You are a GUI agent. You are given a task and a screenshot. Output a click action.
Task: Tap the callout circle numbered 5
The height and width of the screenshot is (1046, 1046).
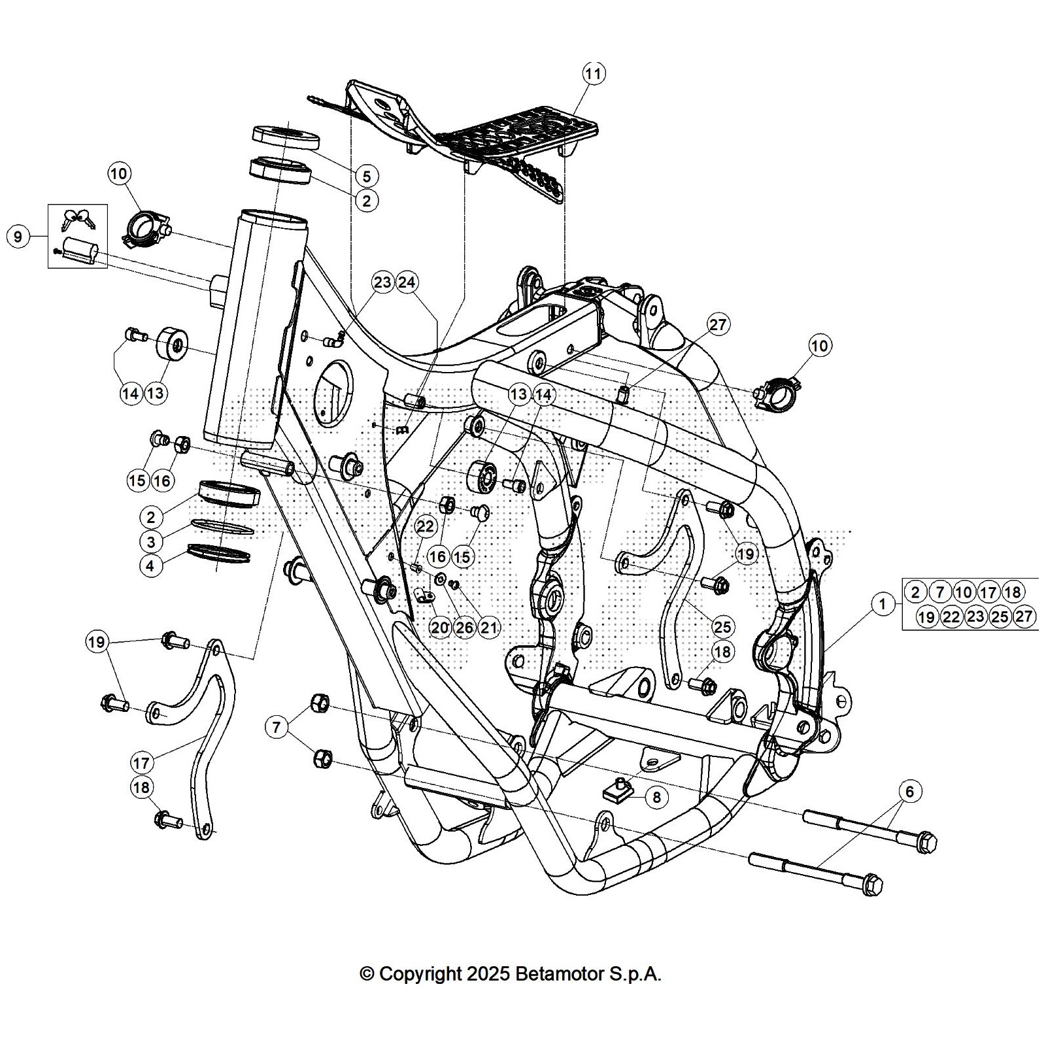[x=366, y=175]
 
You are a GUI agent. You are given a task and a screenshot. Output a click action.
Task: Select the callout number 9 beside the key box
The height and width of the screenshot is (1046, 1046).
[x=18, y=236]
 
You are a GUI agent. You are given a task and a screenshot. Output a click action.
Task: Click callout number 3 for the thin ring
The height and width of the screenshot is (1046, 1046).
[x=151, y=541]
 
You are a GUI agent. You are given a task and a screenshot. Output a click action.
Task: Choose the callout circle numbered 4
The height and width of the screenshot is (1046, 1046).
[x=151, y=565]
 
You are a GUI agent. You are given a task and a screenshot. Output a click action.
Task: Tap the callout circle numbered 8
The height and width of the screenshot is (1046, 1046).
[x=656, y=797]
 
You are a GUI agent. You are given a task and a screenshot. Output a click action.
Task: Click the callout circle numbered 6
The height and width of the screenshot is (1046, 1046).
[x=910, y=791]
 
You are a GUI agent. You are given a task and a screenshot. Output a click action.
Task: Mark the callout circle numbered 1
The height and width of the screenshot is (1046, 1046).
[x=883, y=604]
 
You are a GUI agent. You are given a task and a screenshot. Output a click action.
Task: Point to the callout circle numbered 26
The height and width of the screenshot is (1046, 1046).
[x=464, y=628]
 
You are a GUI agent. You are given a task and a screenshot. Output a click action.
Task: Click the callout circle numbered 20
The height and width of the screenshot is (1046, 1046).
[x=441, y=628]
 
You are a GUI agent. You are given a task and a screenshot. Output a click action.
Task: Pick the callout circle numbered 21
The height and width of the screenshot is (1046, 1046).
[x=488, y=628]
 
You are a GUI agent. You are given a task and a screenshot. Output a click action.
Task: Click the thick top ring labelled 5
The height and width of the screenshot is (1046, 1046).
[x=286, y=137]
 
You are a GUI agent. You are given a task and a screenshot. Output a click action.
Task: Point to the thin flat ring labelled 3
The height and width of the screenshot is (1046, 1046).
[x=222, y=528]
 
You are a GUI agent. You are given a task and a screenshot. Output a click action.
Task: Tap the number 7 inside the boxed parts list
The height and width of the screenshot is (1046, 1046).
[x=939, y=592]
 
